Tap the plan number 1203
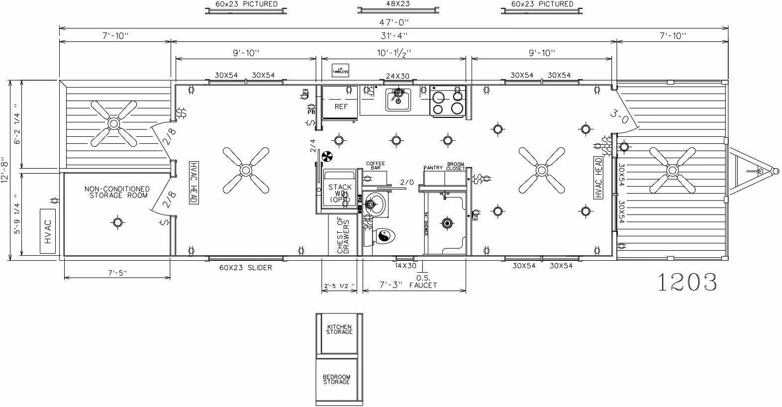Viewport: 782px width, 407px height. [687, 282]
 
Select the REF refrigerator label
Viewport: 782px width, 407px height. [341, 106]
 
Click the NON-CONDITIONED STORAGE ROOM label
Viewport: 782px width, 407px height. [117, 192]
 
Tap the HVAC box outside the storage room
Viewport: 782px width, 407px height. [48, 231]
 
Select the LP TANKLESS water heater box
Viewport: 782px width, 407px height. [341, 71]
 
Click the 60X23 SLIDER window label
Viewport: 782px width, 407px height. [246, 268]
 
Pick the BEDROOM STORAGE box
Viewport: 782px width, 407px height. [337, 379]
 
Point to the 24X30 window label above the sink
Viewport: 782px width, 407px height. [397, 76]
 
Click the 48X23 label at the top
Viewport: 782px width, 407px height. [398, 3]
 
